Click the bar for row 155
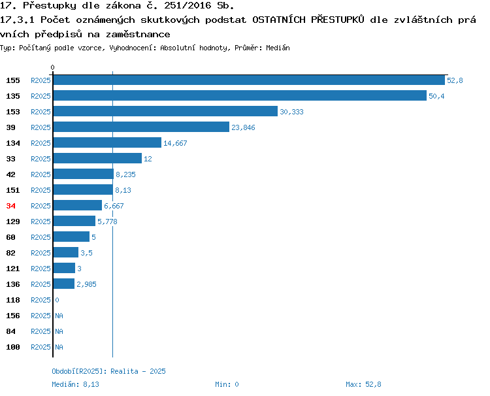(x=249, y=80)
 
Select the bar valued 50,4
(x=240, y=95)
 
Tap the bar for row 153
(x=166, y=111)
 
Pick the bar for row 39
(x=141, y=127)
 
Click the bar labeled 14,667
(x=108, y=142)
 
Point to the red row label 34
(x=10, y=206)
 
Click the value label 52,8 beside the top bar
(x=455, y=80)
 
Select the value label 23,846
(x=243, y=127)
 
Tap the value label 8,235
(x=125, y=174)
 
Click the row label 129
(x=13, y=222)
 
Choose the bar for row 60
(x=72, y=237)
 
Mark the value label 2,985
(x=86, y=284)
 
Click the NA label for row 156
(x=59, y=316)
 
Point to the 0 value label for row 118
(x=57, y=300)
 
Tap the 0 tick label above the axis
(x=52, y=67)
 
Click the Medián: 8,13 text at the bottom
(x=75, y=384)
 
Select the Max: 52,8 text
(x=363, y=384)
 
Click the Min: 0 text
(x=227, y=384)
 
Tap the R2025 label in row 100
(x=41, y=347)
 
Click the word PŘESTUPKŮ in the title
(x=338, y=20)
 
